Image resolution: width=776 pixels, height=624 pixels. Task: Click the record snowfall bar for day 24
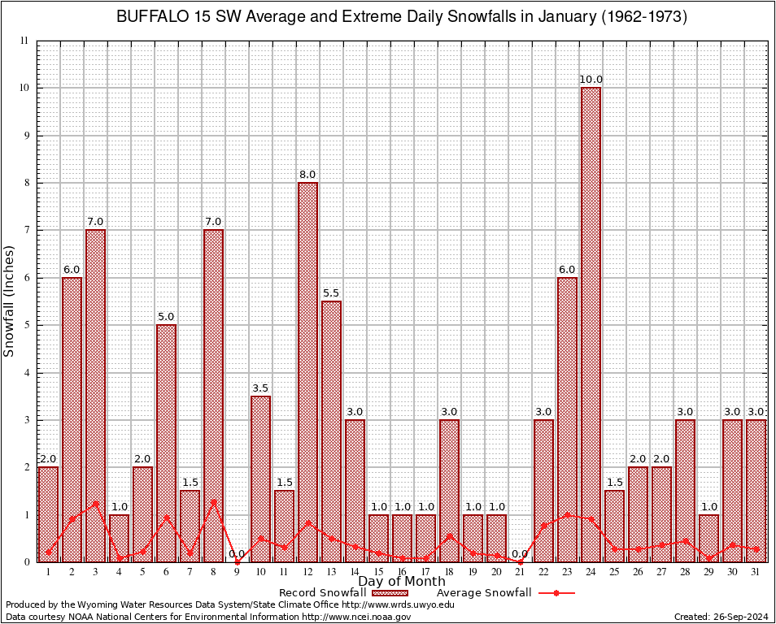click(591, 324)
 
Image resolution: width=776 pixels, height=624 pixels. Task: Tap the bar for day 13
click(331, 431)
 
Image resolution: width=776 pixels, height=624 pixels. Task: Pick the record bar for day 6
click(166, 443)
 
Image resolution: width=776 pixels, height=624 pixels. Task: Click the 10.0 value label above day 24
click(591, 80)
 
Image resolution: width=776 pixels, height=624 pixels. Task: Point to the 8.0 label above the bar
click(307, 175)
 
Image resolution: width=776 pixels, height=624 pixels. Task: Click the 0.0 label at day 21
click(520, 554)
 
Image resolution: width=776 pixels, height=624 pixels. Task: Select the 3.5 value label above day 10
click(260, 388)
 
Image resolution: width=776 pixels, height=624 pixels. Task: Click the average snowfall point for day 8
click(213, 501)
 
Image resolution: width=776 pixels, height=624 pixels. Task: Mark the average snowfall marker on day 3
click(95, 503)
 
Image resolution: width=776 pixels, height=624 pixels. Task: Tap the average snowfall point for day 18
click(449, 535)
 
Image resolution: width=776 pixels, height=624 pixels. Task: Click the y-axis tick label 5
click(26, 325)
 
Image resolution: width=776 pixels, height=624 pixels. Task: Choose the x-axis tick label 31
click(756, 572)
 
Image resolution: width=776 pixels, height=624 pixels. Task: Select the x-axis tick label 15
click(378, 572)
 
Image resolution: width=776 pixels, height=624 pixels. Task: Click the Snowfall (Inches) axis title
click(10, 301)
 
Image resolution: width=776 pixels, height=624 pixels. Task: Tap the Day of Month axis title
click(402, 582)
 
